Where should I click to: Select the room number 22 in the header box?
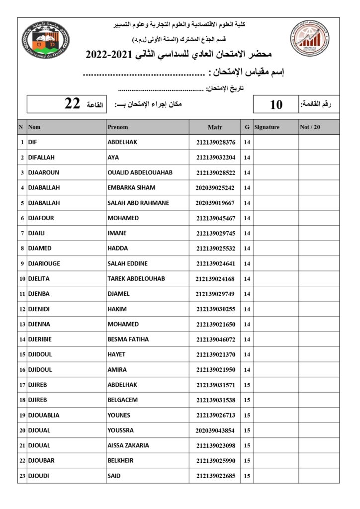pyautogui.click(x=73, y=104)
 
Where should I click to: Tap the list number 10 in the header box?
pyautogui.click(x=276, y=104)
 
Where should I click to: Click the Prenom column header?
pyautogui.click(x=118, y=127)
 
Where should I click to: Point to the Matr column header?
pyautogui.click(x=215, y=127)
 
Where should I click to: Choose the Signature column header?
pyautogui.click(x=267, y=127)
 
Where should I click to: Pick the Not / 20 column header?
pyautogui.click(x=310, y=127)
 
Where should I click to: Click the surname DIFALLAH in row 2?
pyautogui.click(x=42, y=158)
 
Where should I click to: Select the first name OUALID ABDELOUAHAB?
pyautogui.click(x=140, y=172)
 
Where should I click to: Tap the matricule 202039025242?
pyautogui.click(x=215, y=188)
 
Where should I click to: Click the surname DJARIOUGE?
pyautogui.click(x=45, y=263)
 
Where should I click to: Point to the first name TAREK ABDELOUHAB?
pyautogui.click(x=136, y=279)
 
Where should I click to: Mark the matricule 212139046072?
pyautogui.click(x=215, y=339)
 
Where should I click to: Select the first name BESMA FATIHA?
pyautogui.click(x=128, y=339)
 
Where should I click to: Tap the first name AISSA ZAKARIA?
pyautogui.click(x=128, y=445)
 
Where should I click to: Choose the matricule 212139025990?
pyautogui.click(x=215, y=461)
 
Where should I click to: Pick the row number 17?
pyautogui.click(x=22, y=385)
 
